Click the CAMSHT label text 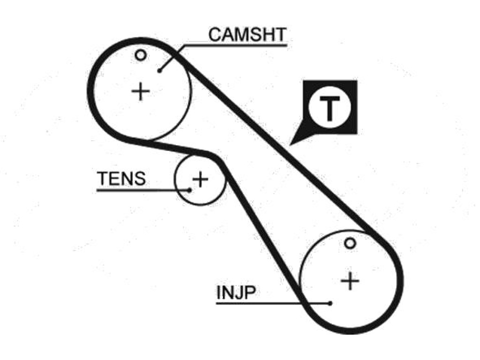(247, 34)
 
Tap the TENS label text (121, 179)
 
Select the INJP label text (236, 292)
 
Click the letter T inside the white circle (330, 108)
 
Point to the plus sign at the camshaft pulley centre (141, 91)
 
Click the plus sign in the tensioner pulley (200, 179)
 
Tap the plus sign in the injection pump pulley (350, 281)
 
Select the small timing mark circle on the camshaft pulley (141, 55)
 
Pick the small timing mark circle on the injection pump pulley (350, 243)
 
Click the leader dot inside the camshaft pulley (159, 71)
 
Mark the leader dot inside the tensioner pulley (189, 190)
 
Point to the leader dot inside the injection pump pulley (330, 303)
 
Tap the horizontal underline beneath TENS (143, 190)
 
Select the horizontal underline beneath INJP (273, 303)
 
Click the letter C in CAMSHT (215, 35)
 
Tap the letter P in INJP (250, 292)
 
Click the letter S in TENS (139, 179)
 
